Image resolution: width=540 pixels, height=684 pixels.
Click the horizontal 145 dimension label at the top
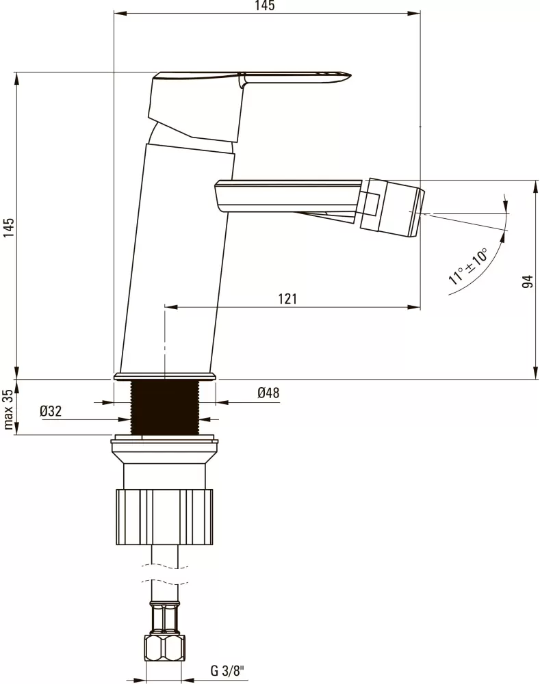point(265,5)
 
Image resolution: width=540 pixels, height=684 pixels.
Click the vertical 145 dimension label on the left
point(9,228)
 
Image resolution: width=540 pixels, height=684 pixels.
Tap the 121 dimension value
point(287,299)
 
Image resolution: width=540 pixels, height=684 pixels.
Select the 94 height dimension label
point(528,281)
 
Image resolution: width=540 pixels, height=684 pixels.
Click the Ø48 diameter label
point(268,393)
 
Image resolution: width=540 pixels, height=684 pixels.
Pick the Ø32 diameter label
point(51,411)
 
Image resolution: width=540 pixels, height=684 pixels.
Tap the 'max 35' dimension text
point(9,409)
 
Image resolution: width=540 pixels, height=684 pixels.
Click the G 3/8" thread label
point(227,670)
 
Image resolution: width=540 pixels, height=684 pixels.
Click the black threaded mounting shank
point(165,407)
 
